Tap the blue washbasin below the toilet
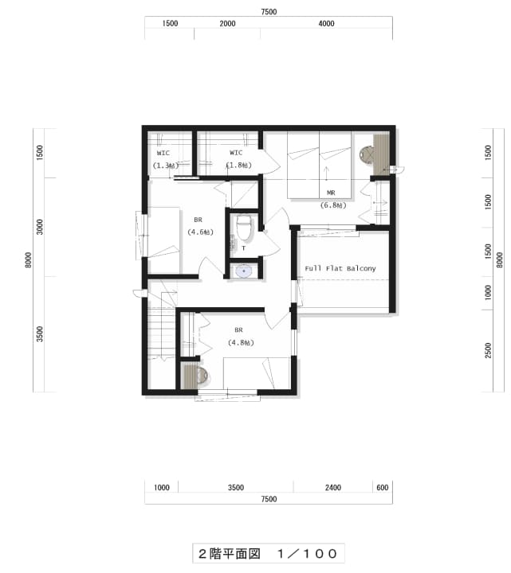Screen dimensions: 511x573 pos(243,271)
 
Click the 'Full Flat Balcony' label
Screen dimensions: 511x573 pos(340,269)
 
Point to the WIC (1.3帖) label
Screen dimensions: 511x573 pos(166,159)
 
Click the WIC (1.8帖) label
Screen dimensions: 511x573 pos(238,159)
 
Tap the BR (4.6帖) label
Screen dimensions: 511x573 pos(200,226)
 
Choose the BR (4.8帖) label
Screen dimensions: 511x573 pos(241,337)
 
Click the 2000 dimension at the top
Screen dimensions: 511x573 pos(227,24)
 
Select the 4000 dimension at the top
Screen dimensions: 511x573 pos(326,24)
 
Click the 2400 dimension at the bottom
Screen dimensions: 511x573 pos(332,488)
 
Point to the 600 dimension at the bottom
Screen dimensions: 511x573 pos(382,488)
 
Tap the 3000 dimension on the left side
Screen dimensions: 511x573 pos(40,227)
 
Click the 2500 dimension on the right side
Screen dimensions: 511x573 pos(488,350)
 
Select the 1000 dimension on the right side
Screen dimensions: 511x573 pos(488,293)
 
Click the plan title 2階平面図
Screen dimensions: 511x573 pos(229,554)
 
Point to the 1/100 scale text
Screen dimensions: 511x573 pos(307,554)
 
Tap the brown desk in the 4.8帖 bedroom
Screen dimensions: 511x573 pos(190,376)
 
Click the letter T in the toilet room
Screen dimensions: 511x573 pos(244,248)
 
